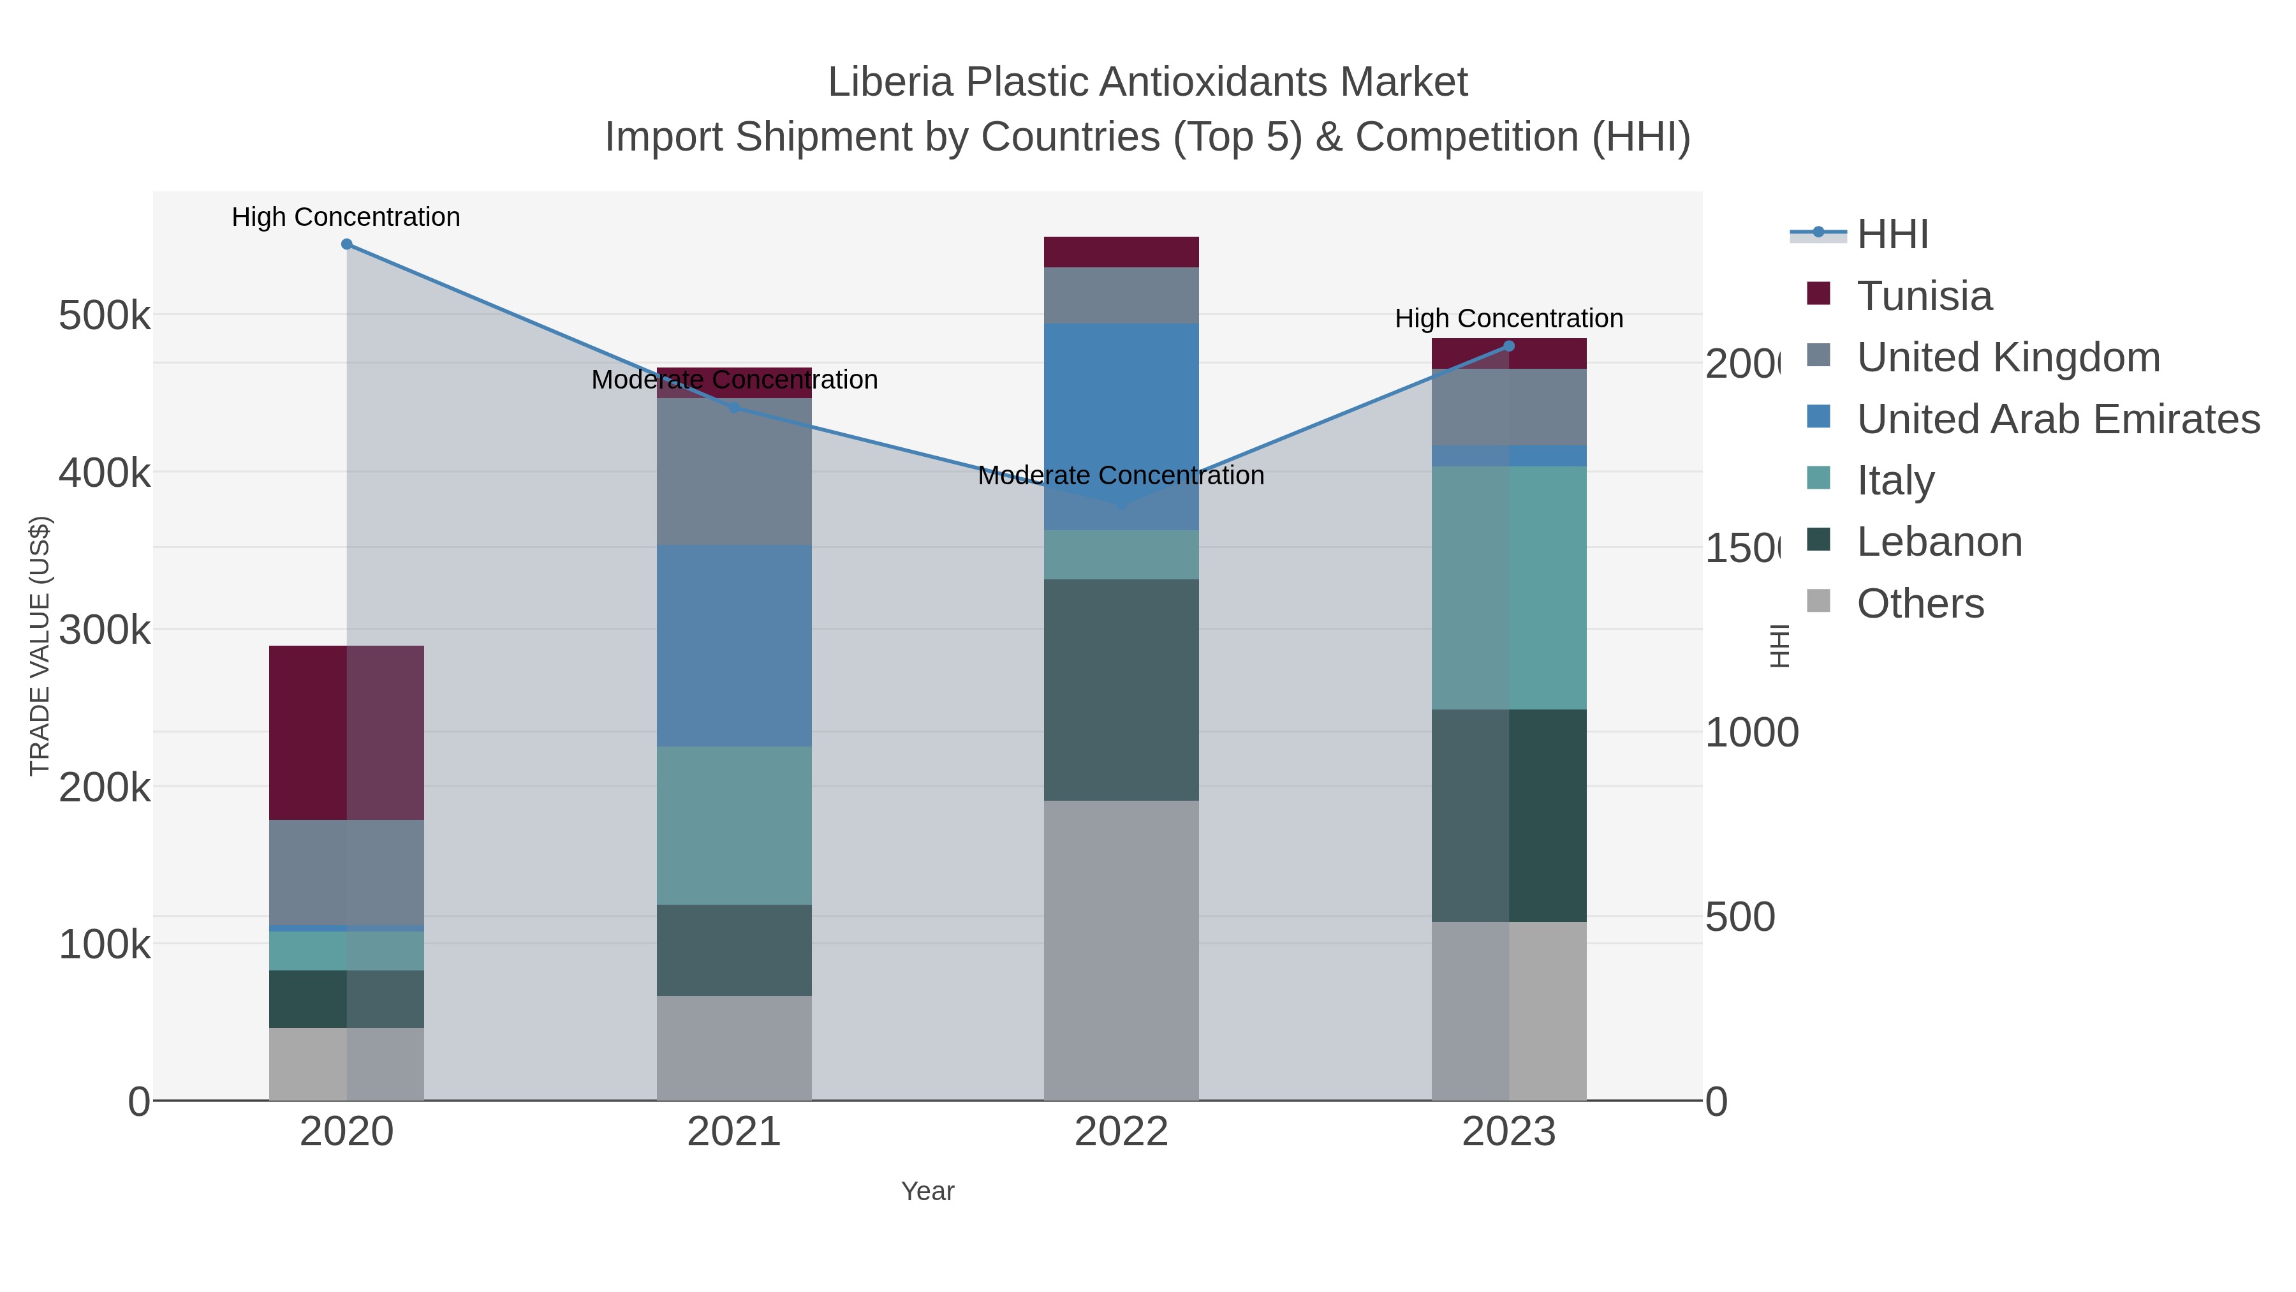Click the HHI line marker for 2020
(x=347, y=244)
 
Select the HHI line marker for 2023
(x=1509, y=346)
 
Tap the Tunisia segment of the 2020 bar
(x=347, y=732)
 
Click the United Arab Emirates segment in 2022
(x=1121, y=426)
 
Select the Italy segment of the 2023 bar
(x=1509, y=588)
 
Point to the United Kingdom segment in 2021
(x=735, y=471)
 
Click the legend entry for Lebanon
(x=1939, y=542)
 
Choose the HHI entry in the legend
(x=1892, y=235)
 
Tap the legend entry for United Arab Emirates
(x=2057, y=419)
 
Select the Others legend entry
(x=1920, y=604)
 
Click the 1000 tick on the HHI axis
(x=1751, y=733)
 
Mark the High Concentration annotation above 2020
(x=346, y=218)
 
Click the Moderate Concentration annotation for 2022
(x=1121, y=475)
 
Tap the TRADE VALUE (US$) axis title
(x=39, y=646)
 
